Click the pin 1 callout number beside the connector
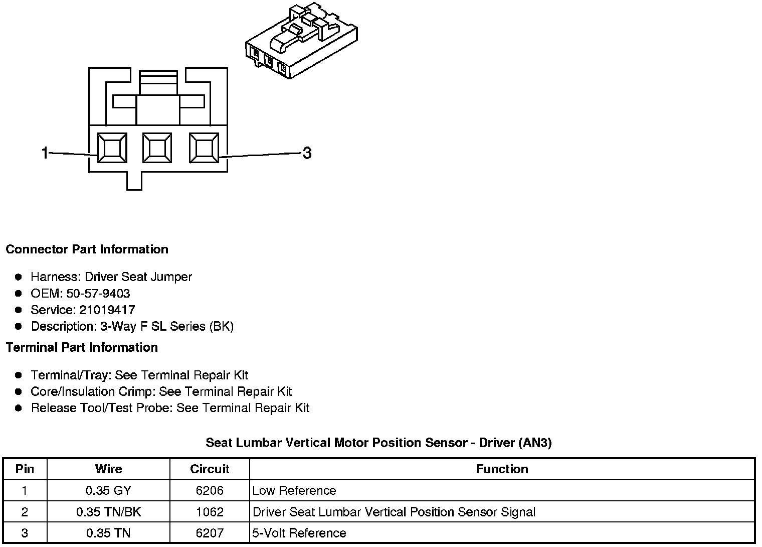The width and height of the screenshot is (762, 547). click(x=45, y=153)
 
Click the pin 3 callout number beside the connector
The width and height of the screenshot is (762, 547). click(x=307, y=153)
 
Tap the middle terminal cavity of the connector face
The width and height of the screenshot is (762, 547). click(x=157, y=148)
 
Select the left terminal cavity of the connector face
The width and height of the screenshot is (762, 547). click(x=112, y=148)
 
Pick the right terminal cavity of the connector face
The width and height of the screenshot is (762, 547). click(x=204, y=148)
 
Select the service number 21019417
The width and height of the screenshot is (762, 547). click(x=107, y=310)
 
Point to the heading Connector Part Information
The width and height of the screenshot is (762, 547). click(x=87, y=249)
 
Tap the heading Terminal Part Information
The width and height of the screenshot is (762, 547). click(x=82, y=347)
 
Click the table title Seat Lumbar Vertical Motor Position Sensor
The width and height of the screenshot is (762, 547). click(x=378, y=443)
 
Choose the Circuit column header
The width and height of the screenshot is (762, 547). click(x=210, y=469)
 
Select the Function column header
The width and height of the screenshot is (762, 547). click(x=502, y=469)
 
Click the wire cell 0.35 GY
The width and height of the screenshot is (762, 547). click(x=108, y=490)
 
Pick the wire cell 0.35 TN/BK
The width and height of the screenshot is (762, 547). click(x=108, y=512)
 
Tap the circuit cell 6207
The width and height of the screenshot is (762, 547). click(x=210, y=533)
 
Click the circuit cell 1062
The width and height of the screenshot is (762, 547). click(x=210, y=512)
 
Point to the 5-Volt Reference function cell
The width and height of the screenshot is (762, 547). click(x=299, y=533)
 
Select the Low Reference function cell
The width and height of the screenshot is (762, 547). click(x=294, y=490)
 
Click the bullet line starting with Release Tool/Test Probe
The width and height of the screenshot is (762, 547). click(x=170, y=408)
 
